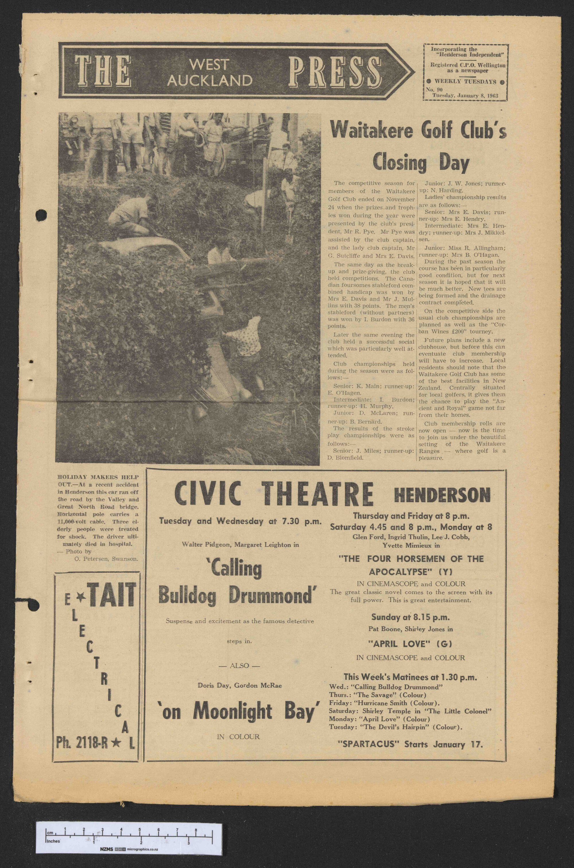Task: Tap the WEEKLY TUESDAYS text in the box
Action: click(x=465, y=82)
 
